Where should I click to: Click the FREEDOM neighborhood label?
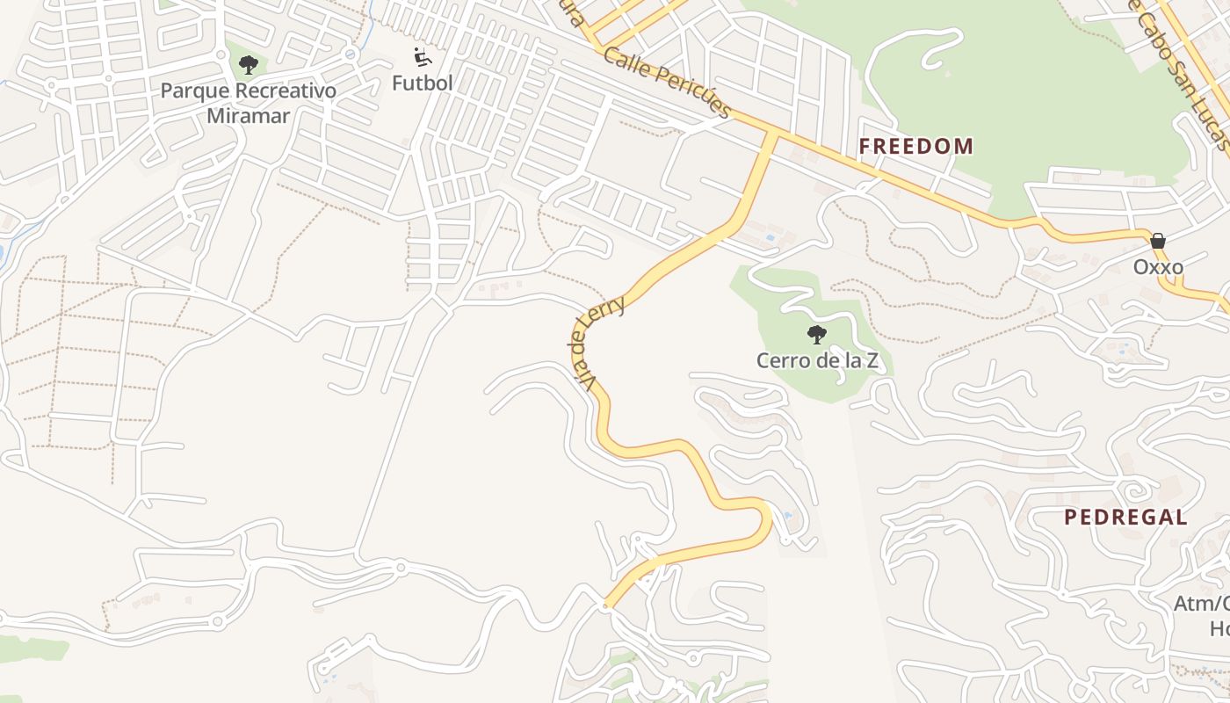click(915, 147)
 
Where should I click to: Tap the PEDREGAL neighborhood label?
click(1125, 517)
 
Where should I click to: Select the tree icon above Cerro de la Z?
click(817, 335)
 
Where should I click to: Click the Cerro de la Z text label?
click(817, 360)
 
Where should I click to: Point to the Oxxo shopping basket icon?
click(1158, 241)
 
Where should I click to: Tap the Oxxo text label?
click(1158, 267)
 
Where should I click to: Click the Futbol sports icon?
click(423, 58)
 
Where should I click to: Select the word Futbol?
click(423, 83)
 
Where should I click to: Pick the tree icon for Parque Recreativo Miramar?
click(249, 64)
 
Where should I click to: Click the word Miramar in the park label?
click(249, 115)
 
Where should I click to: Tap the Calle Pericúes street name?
click(668, 83)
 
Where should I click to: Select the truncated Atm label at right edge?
click(1201, 604)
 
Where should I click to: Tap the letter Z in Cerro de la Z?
click(872, 360)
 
